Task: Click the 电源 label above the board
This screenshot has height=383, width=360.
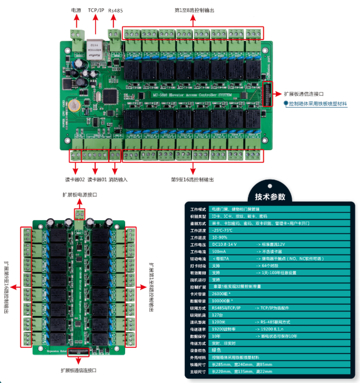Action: (76, 10)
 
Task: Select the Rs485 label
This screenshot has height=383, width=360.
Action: (116, 10)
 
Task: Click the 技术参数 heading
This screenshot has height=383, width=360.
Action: (270, 196)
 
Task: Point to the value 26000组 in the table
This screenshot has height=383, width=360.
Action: (222, 293)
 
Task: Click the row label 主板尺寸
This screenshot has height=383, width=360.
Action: (198, 372)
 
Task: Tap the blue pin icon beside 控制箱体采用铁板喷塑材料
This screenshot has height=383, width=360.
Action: (286, 103)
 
